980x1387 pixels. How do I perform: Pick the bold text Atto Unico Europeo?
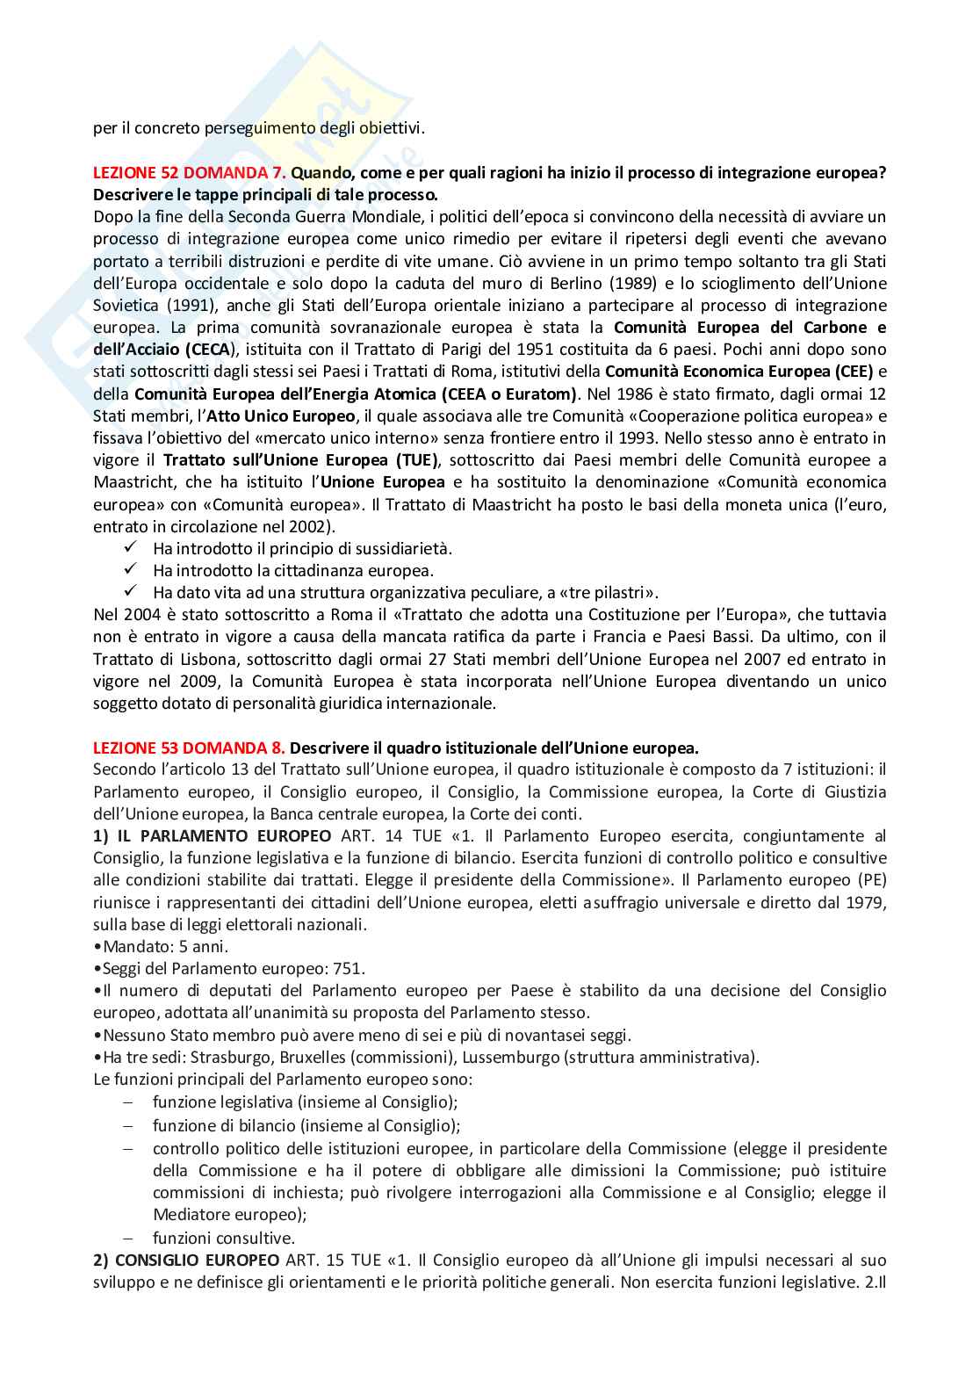[280, 415]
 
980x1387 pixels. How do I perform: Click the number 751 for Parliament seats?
[349, 969]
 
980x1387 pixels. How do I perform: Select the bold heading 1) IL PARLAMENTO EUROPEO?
[213, 835]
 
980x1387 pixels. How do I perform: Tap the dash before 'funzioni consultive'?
[128, 1238]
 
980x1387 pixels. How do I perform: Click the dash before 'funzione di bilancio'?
[128, 1126]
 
